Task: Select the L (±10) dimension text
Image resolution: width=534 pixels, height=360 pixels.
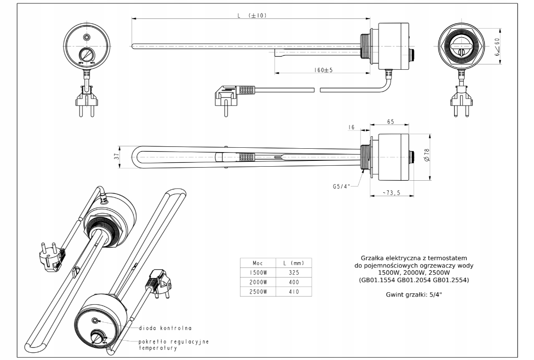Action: click(x=252, y=16)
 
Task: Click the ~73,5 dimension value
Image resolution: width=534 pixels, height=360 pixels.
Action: click(x=391, y=192)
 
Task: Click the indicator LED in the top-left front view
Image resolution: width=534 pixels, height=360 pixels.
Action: click(x=87, y=37)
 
